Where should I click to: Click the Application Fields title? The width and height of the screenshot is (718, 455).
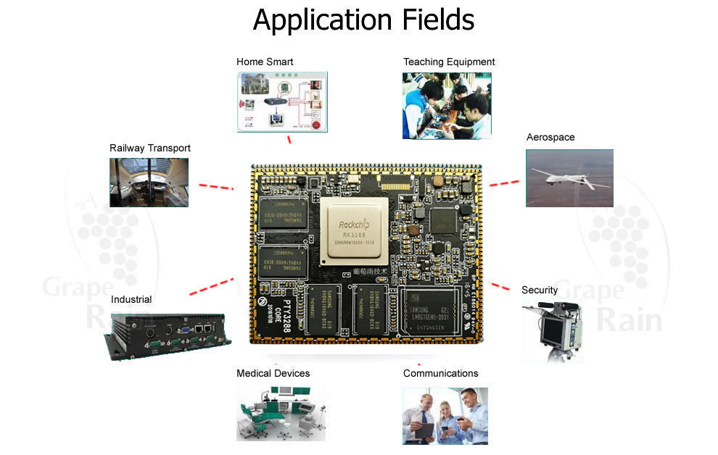[363, 20]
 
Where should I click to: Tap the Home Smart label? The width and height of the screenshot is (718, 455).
[265, 62]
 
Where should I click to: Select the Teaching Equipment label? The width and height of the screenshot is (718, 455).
[449, 62]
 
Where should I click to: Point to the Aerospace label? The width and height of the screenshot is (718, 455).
[550, 137]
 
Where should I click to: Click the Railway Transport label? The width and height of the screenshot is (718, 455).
[150, 148]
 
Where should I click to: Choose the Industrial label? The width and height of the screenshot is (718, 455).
[131, 299]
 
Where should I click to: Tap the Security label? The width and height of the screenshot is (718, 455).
[540, 290]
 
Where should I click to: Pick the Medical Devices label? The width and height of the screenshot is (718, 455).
[273, 373]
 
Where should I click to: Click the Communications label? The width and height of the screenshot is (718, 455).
[440, 373]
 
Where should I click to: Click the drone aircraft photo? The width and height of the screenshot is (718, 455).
[569, 178]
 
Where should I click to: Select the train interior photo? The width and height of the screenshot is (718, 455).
[149, 183]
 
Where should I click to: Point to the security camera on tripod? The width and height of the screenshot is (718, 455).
[554, 330]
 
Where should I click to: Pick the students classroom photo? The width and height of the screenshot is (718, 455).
[447, 106]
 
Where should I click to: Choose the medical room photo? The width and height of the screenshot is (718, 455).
[281, 412]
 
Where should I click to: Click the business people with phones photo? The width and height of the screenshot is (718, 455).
[445, 416]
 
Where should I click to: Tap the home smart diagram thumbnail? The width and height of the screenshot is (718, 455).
[281, 102]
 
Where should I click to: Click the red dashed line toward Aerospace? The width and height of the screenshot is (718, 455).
[503, 183]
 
